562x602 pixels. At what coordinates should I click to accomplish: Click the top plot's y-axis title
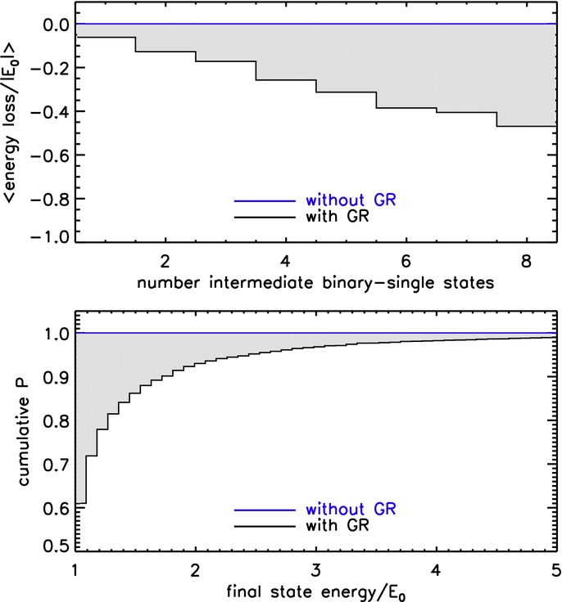(14, 123)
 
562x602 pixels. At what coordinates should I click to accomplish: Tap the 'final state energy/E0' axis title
(315, 589)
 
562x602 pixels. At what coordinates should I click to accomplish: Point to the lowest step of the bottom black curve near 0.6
(81, 502)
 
